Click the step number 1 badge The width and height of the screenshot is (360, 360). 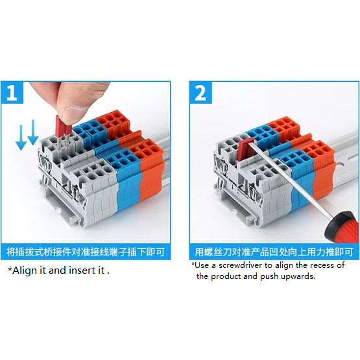[12, 93]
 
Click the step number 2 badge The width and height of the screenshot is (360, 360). [200, 93]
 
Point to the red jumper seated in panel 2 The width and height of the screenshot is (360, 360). [245, 149]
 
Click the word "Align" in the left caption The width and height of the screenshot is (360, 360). [25, 270]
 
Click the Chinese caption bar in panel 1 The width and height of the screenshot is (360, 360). [86, 252]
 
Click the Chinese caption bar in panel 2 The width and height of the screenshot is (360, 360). [274, 252]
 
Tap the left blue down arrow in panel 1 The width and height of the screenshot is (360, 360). [21, 138]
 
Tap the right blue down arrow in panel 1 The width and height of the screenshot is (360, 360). [33, 132]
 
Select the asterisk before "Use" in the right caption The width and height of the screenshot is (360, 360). [193, 264]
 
